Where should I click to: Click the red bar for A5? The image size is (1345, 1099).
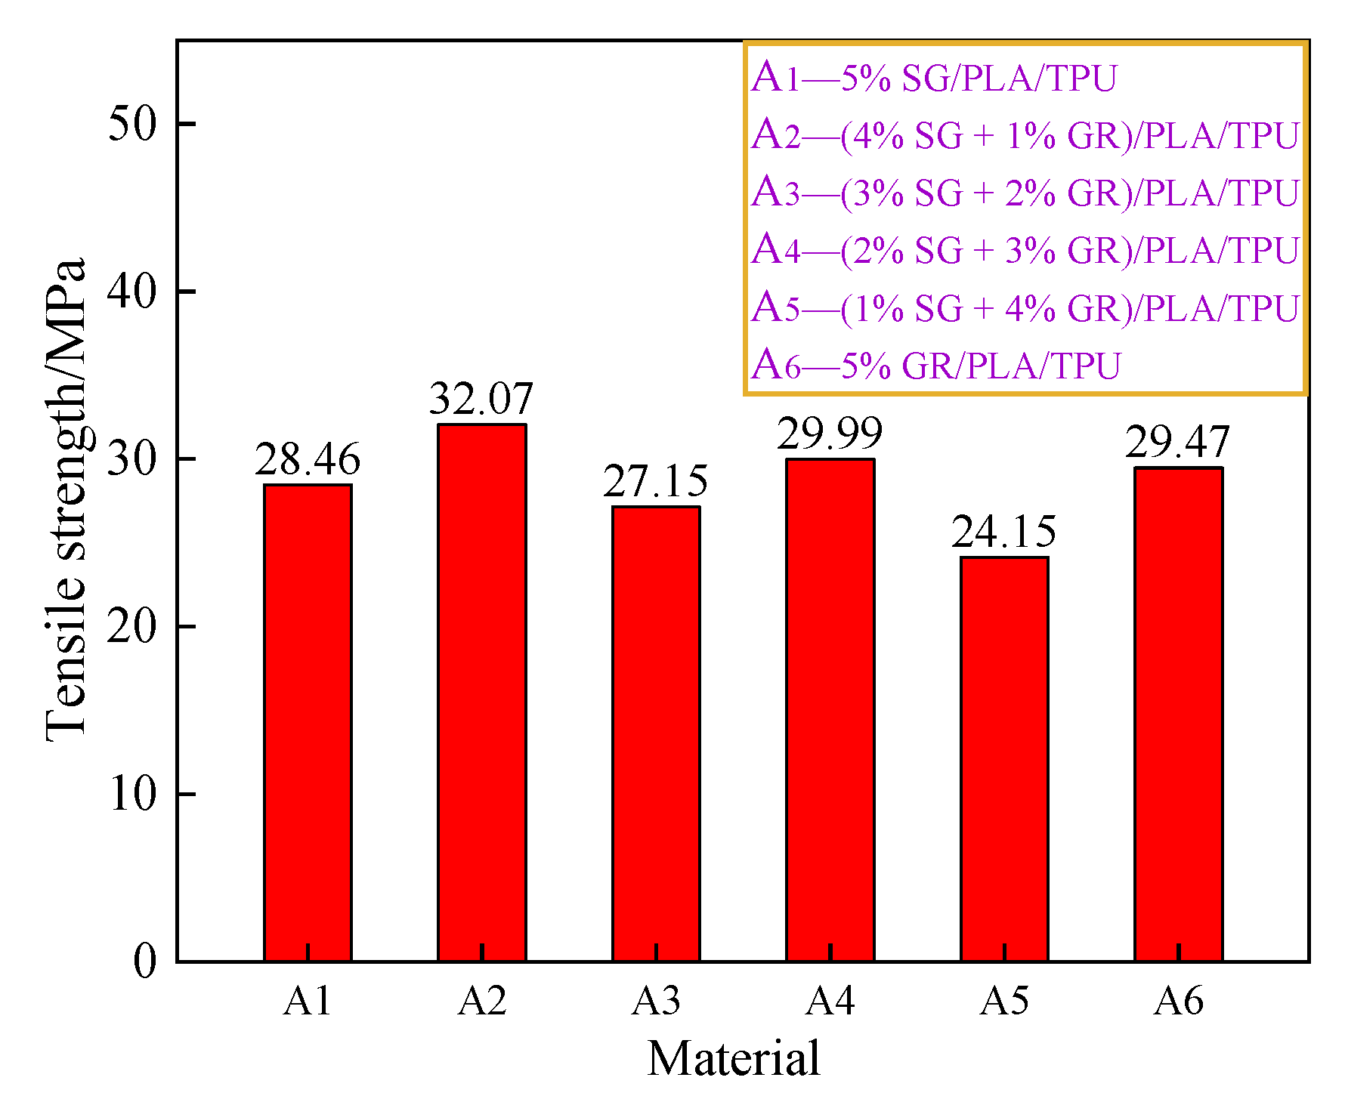(x=1004, y=759)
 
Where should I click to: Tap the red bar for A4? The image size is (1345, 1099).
(x=830, y=710)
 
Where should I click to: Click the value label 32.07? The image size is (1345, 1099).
(x=481, y=399)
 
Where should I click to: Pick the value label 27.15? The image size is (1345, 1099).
(x=655, y=482)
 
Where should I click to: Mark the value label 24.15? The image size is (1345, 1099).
(x=1003, y=533)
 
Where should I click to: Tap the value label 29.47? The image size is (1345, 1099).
(x=1177, y=443)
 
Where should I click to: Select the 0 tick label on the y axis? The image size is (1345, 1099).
(x=144, y=962)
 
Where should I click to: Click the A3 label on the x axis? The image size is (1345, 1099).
(x=656, y=1002)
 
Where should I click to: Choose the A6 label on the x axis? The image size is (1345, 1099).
(x=1178, y=1002)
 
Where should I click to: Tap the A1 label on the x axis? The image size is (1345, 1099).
(x=308, y=1002)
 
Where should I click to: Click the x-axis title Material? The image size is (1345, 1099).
(x=733, y=1059)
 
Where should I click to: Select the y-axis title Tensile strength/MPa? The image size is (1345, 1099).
(x=65, y=500)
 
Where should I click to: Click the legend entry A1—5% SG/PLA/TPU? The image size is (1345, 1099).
(x=934, y=78)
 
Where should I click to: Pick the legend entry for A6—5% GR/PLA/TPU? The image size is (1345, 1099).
(x=935, y=366)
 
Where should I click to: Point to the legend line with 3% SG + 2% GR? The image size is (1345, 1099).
(x=1025, y=193)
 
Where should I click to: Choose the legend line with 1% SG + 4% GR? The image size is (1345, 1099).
(x=1025, y=308)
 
